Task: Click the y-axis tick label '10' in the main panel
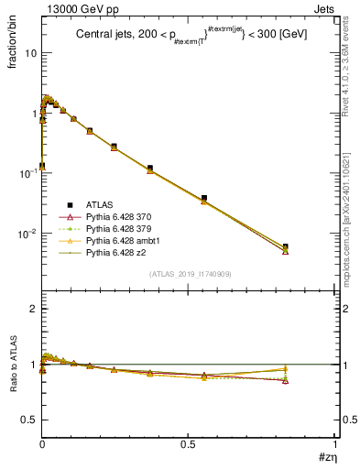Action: click(x=30, y=52)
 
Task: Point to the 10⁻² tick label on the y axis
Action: click(x=28, y=234)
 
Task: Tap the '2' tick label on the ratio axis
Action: click(x=34, y=309)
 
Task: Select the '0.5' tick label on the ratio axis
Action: click(x=29, y=420)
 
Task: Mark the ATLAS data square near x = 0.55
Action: click(x=204, y=198)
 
